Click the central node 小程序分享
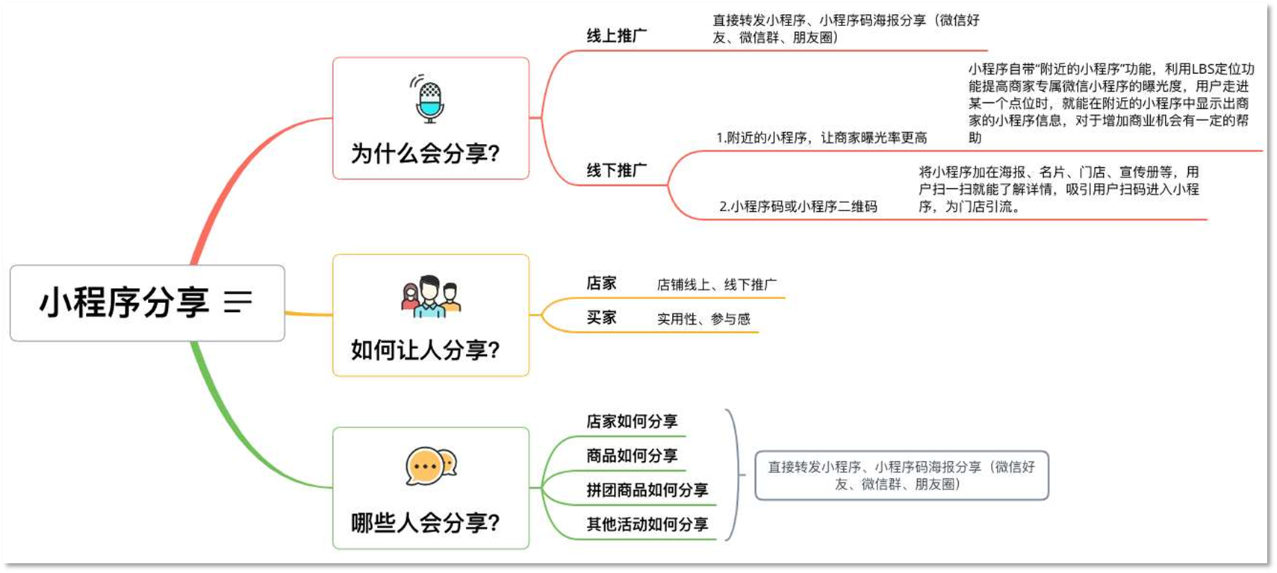(124, 303)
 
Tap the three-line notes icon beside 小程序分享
(237, 301)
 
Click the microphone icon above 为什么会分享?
(429, 99)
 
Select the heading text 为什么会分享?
(426, 154)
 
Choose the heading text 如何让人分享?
(426, 349)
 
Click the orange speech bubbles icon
(431, 467)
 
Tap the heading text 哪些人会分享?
(426, 522)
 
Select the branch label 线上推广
(617, 36)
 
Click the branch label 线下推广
(617, 170)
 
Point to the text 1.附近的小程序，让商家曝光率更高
(821, 138)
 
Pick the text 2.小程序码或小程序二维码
(798, 207)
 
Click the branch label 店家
(601, 284)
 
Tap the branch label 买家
(601, 318)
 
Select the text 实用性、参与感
(703, 319)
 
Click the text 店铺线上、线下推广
(717, 285)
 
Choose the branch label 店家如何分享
(632, 422)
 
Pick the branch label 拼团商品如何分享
(647, 490)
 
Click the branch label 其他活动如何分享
(647, 525)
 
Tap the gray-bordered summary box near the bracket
(901, 475)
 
